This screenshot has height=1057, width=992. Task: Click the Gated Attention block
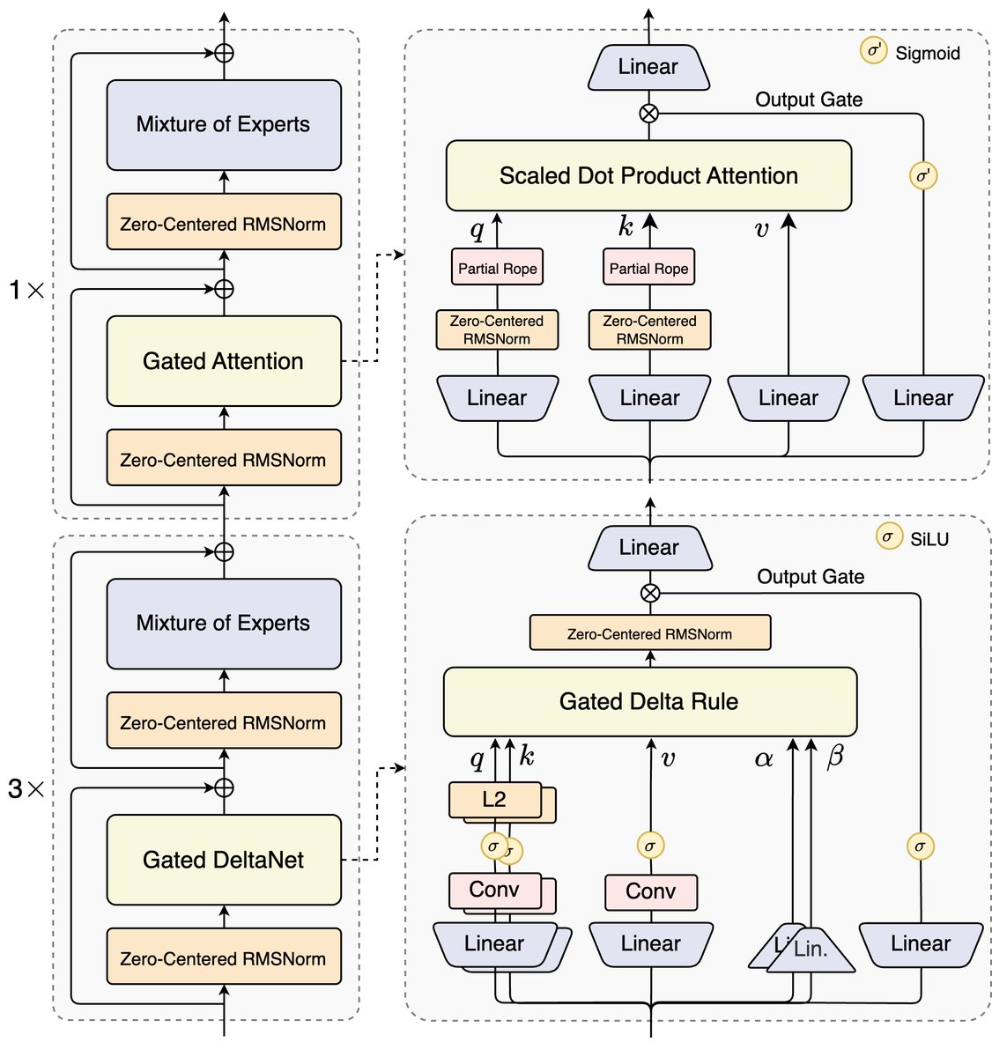click(224, 361)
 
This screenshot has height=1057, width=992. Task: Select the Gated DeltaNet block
click(224, 860)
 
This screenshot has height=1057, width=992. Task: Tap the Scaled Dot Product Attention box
click(648, 175)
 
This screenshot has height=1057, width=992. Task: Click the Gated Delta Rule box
click(649, 702)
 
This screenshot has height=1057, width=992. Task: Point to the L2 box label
click(494, 799)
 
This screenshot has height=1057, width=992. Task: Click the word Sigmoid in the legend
click(927, 54)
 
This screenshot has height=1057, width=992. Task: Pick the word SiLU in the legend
click(929, 539)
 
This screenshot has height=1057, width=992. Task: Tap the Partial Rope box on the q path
click(497, 269)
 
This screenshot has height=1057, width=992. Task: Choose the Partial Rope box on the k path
click(648, 269)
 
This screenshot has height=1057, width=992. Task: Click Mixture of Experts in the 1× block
click(224, 124)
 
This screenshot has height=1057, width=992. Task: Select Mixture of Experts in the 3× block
click(224, 624)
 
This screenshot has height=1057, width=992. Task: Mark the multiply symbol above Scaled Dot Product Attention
click(648, 113)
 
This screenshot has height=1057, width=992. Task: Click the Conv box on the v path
click(650, 891)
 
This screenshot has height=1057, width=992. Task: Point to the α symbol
click(764, 758)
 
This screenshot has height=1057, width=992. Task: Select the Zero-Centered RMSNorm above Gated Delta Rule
click(649, 633)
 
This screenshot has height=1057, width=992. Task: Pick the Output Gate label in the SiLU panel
click(811, 577)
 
